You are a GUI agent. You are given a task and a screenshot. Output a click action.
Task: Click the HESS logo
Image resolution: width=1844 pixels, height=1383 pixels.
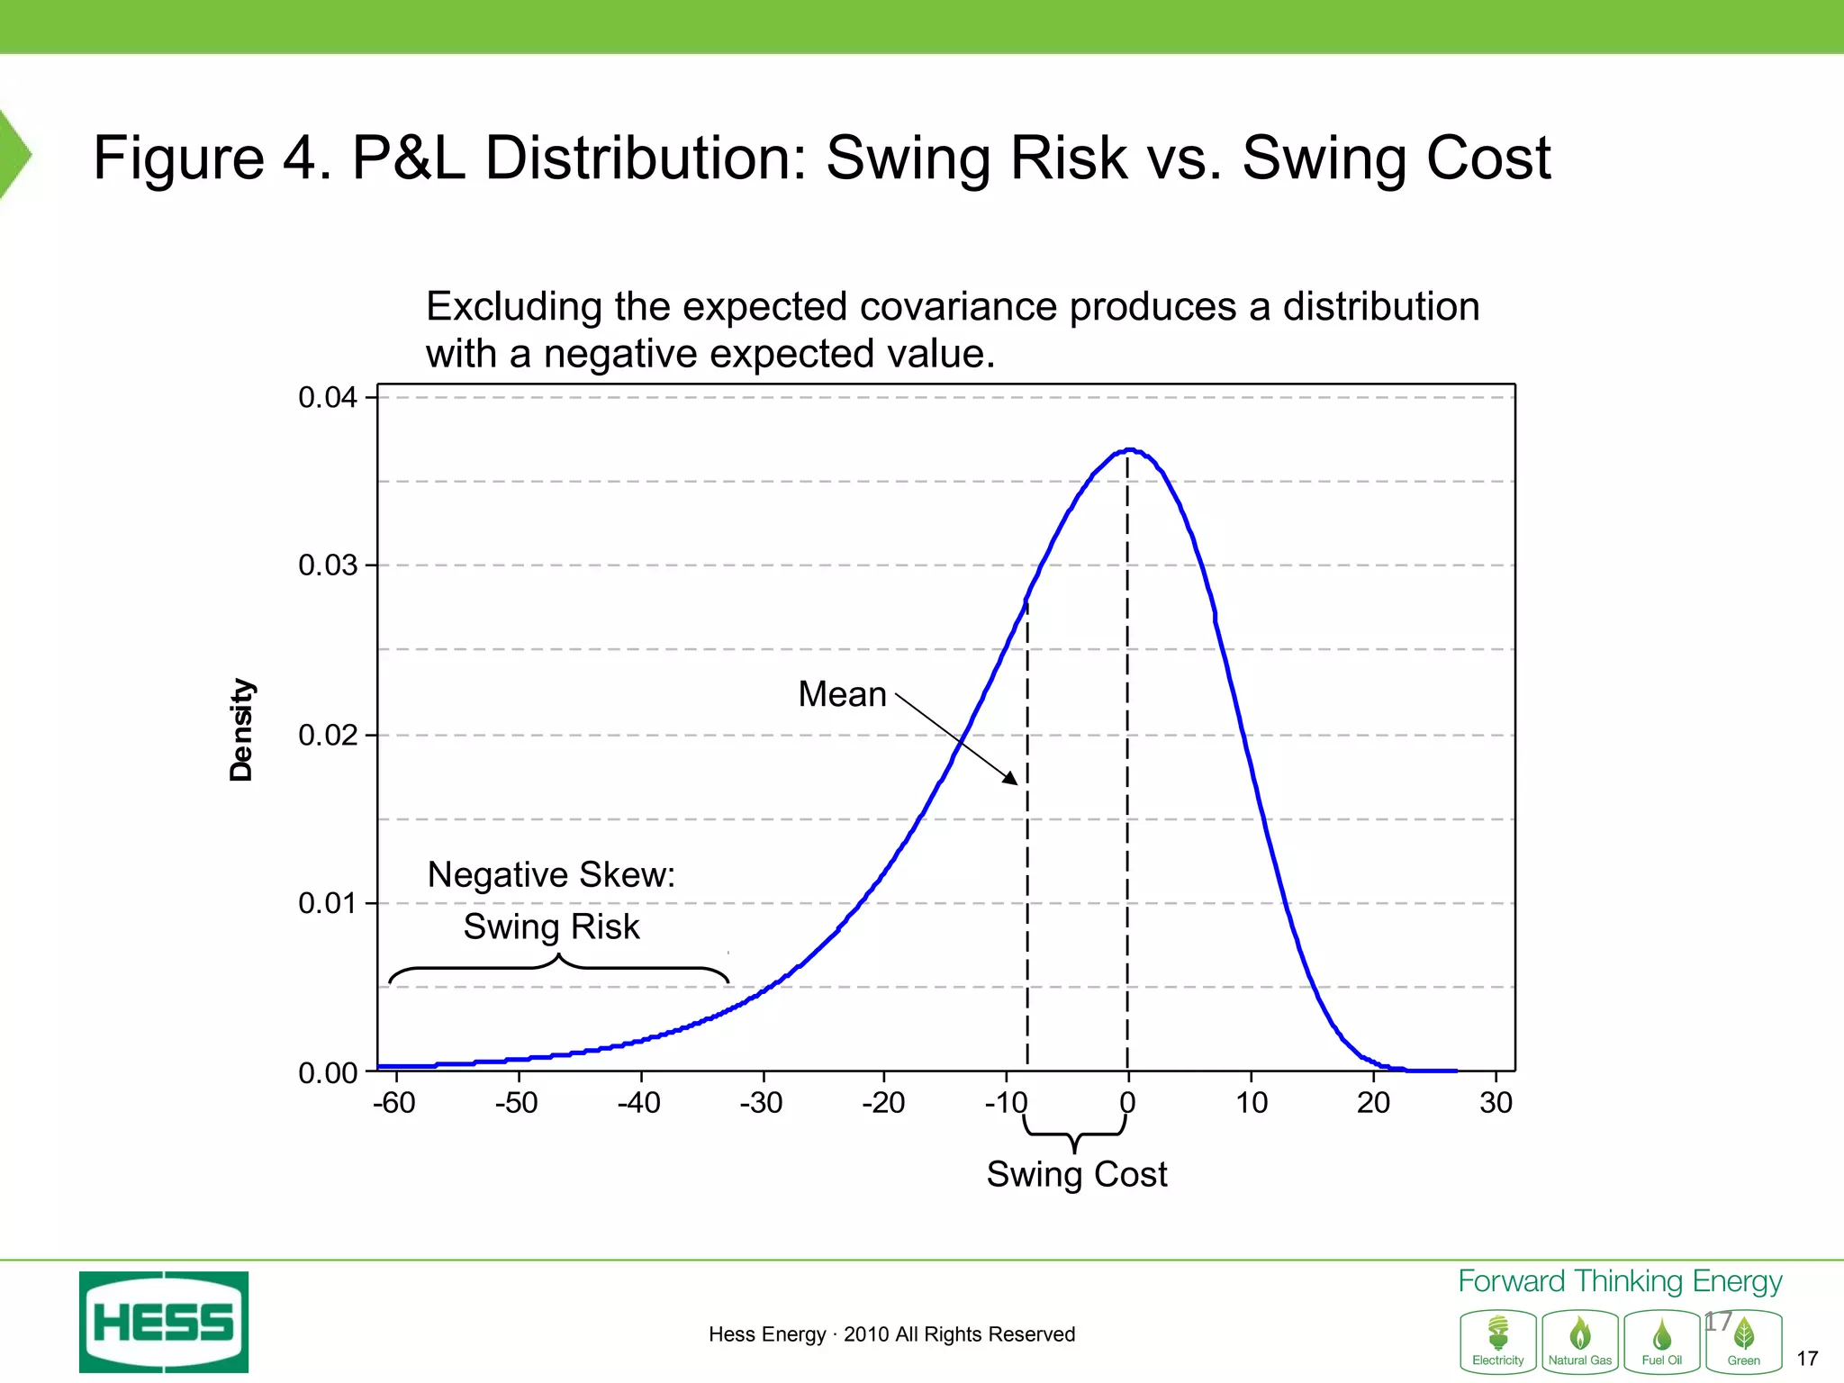click(x=164, y=1322)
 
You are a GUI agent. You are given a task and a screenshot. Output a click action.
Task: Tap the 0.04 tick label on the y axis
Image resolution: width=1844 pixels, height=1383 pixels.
click(x=328, y=397)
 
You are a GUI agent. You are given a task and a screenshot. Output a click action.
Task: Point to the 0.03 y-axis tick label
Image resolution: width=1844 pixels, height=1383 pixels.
click(x=328, y=565)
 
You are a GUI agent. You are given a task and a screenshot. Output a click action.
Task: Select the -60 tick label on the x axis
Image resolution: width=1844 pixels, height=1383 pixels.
click(x=394, y=1102)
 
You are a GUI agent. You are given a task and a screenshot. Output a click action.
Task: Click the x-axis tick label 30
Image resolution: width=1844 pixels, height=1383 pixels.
click(x=1496, y=1102)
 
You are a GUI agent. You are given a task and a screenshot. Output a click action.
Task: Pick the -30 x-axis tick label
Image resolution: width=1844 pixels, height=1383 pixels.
click(x=761, y=1102)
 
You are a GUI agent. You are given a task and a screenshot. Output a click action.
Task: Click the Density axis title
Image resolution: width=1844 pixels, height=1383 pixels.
click(x=241, y=729)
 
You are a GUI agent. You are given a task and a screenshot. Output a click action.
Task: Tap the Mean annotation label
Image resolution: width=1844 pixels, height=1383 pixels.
click(x=842, y=694)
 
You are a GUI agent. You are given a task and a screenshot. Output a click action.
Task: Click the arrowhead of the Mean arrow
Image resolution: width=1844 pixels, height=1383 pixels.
click(x=1012, y=779)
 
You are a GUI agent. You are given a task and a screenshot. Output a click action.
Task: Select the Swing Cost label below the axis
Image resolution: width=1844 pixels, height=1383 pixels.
click(x=1076, y=1174)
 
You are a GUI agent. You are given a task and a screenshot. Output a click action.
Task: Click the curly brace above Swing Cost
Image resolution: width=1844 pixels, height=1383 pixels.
click(x=1074, y=1134)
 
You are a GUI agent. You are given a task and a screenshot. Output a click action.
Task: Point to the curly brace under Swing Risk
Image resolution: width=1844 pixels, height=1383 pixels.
click(x=558, y=969)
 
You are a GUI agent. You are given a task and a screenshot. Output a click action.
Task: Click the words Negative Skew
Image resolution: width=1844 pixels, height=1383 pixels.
click(x=551, y=874)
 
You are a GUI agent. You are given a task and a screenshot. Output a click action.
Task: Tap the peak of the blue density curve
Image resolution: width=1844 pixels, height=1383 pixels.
click(x=1129, y=449)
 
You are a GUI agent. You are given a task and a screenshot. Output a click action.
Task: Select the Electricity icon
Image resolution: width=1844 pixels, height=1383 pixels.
click(x=1498, y=1341)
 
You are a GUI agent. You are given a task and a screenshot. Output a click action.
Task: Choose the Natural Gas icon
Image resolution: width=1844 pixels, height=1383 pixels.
click(x=1580, y=1341)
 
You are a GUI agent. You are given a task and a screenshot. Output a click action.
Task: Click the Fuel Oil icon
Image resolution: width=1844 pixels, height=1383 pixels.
click(x=1662, y=1341)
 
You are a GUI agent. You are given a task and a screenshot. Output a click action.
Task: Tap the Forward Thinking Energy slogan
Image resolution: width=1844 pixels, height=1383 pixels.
click(x=1620, y=1281)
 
